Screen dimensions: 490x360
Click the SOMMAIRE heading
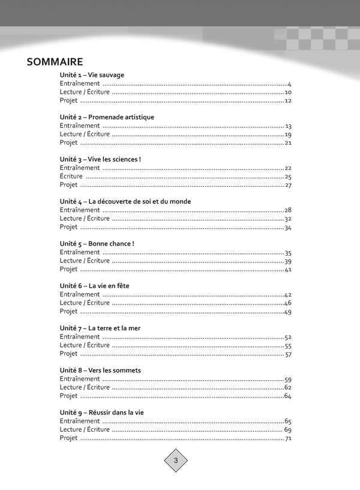tap(55, 62)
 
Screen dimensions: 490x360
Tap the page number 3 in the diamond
tap(176, 461)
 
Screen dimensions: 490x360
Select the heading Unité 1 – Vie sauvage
tap(92, 75)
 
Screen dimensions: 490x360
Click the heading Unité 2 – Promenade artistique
tap(107, 117)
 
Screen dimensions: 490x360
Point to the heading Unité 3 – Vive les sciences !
tap(100, 159)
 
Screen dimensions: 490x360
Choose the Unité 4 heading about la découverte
tap(125, 202)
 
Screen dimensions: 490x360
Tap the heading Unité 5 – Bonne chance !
tap(97, 244)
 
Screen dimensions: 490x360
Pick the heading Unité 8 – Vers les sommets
tap(100, 371)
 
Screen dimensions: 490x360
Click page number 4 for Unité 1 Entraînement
tap(289, 84)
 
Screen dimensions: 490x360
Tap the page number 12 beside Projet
tap(288, 101)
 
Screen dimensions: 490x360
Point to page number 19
tap(288, 135)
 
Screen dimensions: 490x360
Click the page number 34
tap(288, 228)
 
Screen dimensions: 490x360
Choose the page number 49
tap(288, 312)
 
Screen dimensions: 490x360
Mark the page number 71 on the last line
tap(288, 439)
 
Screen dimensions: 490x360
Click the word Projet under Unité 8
tap(69, 396)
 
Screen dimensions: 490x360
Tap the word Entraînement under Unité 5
tap(80, 253)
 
